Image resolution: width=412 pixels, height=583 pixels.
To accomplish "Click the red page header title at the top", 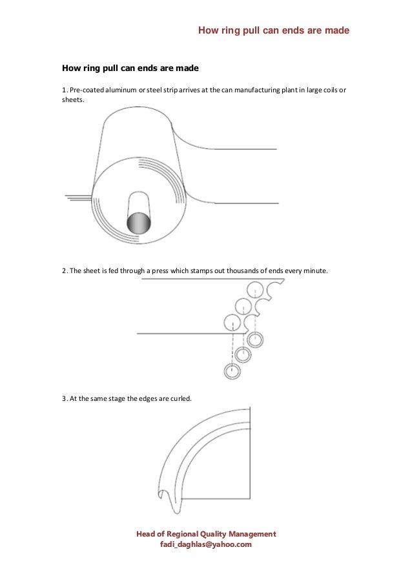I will [x=273, y=30].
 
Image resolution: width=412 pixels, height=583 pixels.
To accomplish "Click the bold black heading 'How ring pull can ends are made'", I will [x=130, y=67].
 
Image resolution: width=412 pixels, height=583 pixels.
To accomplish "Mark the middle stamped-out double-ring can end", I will [x=243, y=354].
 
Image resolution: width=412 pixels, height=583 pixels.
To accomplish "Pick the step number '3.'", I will [x=65, y=398].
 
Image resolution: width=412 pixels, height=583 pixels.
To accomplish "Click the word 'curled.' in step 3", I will [x=179, y=398].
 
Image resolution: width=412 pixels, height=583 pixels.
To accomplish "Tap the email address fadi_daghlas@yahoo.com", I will [x=205, y=545].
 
